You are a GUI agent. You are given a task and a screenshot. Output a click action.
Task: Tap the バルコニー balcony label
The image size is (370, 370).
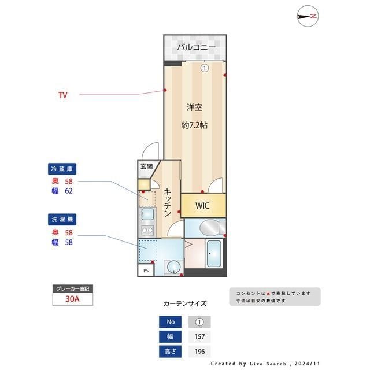[x=196, y=47]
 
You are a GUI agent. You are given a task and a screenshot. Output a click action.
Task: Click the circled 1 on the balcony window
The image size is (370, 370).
[x=204, y=68]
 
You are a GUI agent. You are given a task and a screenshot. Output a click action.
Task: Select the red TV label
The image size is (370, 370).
[x=62, y=95]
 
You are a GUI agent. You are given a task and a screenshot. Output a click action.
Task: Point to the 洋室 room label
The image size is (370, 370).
[x=194, y=107]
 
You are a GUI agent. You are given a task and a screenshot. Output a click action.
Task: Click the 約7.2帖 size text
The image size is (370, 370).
[x=194, y=125]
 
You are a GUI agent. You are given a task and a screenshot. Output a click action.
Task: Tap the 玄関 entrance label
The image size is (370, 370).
[x=146, y=166]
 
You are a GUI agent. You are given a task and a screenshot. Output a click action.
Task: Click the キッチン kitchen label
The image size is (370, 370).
[x=166, y=202]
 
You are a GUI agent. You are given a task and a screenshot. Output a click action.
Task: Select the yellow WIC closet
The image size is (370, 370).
[x=202, y=205]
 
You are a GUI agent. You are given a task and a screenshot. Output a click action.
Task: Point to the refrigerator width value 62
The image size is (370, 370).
[x=68, y=190]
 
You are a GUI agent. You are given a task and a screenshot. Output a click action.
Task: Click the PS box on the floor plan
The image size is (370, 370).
[x=146, y=269]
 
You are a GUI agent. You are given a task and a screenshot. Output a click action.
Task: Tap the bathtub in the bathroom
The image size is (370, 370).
[x=213, y=254]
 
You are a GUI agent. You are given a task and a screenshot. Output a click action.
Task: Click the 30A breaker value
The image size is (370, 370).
[x=72, y=299]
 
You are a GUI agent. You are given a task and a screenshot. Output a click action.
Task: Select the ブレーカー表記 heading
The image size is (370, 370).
[x=72, y=288]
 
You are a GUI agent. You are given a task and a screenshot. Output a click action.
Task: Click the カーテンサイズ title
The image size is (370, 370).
[x=185, y=303]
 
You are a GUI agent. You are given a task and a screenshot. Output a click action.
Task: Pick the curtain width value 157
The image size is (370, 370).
[x=199, y=336]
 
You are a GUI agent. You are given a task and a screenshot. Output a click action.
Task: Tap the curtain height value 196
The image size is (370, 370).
[x=199, y=351]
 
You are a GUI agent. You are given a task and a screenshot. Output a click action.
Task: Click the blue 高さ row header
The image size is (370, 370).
[x=170, y=351]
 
